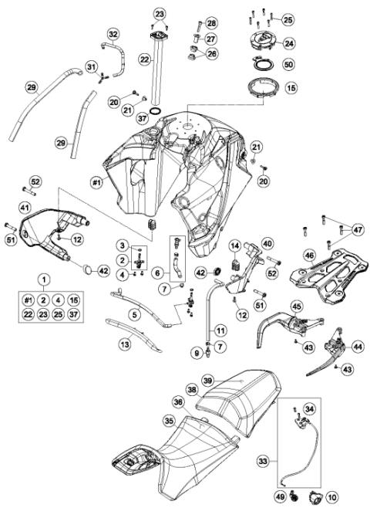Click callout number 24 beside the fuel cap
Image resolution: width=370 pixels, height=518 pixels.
pos(290,43)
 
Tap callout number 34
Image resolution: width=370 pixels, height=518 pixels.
pos(309,408)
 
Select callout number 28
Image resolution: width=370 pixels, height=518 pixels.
pos(211,22)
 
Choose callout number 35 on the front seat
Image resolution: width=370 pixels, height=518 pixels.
pos(169,420)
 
